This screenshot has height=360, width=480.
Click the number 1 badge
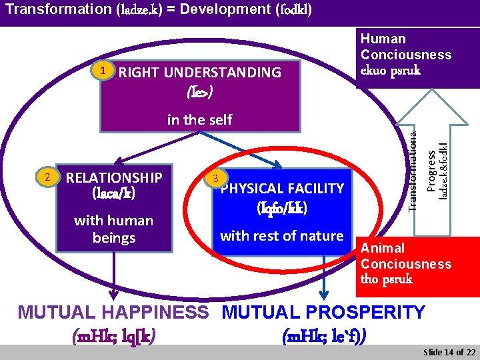tap(101, 69)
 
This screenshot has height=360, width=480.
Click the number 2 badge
tap(47, 177)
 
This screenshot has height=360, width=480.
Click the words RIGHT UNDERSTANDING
tap(200, 73)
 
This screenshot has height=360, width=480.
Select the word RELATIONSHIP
tap(114, 177)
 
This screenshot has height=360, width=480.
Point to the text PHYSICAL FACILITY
tap(282, 189)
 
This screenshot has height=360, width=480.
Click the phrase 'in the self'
tap(199, 119)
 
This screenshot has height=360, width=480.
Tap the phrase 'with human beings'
tap(113, 229)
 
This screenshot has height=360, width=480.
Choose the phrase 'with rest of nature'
tap(281, 235)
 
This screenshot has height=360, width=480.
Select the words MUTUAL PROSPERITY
tap(323, 312)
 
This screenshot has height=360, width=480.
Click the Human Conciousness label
tap(406, 47)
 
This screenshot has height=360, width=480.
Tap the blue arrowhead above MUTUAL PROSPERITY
tap(324, 294)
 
